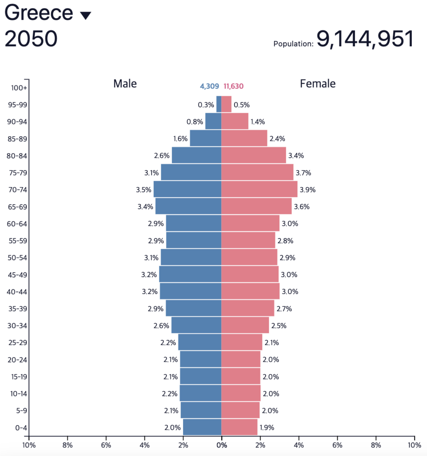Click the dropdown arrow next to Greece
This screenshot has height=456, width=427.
(x=85, y=15)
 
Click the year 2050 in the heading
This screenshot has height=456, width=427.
(x=31, y=39)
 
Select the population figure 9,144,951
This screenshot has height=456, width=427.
(x=365, y=39)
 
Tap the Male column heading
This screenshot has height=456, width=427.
(x=125, y=83)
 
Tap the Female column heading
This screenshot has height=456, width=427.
(x=317, y=83)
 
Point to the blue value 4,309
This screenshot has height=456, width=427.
(x=209, y=86)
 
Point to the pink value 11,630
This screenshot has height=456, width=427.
(x=233, y=86)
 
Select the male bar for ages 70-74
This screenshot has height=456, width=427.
(x=187, y=189)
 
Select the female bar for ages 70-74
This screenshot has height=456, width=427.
(x=259, y=189)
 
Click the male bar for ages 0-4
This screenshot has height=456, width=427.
(x=202, y=427)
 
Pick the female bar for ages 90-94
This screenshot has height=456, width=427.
(x=235, y=121)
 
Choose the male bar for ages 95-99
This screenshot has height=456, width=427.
(x=219, y=104)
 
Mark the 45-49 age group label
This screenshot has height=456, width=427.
(x=18, y=275)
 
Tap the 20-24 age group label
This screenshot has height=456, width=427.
(x=18, y=360)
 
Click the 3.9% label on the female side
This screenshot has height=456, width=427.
(x=307, y=190)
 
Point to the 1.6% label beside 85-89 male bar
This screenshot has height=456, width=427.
(x=180, y=138)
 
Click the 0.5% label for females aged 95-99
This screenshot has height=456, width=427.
(x=241, y=105)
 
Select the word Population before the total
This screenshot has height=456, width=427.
(x=293, y=44)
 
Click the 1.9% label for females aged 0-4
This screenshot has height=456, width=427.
(x=267, y=427)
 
